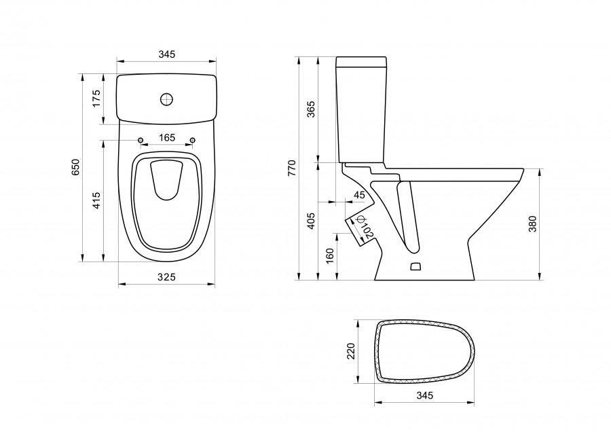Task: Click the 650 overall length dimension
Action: [76, 167]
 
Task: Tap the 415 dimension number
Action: [96, 200]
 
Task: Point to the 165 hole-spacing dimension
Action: [166, 138]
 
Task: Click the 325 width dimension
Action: [166, 276]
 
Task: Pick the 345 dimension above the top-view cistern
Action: [166, 54]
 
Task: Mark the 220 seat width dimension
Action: [351, 351]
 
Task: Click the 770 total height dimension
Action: [292, 168]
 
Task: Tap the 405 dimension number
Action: [312, 221]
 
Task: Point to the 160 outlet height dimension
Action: [329, 256]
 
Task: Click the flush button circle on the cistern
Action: [166, 100]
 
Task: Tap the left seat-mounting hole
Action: [141, 141]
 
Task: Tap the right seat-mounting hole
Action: [192, 141]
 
